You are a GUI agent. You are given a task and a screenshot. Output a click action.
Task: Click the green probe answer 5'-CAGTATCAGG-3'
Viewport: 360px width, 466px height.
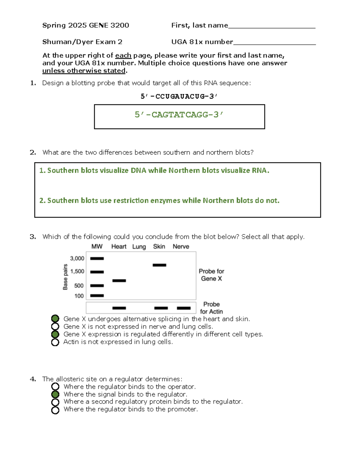179,115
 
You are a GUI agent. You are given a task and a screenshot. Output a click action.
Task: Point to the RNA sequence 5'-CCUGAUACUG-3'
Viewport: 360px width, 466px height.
179,96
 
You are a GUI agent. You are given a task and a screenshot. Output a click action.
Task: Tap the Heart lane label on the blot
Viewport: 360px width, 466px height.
119,247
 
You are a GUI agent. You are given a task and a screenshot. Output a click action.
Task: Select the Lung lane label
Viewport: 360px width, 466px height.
139,247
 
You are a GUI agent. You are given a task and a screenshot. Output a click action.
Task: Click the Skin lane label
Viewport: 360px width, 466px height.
159,247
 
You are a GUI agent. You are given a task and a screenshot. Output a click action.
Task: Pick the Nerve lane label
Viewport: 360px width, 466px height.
181,247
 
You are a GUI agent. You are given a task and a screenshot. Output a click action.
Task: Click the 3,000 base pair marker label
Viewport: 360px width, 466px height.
77,258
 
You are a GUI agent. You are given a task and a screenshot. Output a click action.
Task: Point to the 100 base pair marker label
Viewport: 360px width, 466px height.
79,296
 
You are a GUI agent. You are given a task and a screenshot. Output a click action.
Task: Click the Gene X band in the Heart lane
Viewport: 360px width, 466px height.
119,281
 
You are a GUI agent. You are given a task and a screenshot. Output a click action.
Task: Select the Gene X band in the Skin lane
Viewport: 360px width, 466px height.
159,265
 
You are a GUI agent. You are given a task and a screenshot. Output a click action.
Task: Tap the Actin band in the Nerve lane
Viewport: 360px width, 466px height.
184,308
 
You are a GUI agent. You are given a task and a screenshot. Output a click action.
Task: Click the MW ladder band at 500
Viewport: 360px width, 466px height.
97,286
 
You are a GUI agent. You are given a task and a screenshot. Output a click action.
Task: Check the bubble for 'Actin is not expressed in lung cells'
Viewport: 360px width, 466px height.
55,342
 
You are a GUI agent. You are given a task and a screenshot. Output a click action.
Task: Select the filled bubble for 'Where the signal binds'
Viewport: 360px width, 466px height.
55,394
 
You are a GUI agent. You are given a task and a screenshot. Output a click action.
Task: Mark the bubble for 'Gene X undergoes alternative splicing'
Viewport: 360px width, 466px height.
55,319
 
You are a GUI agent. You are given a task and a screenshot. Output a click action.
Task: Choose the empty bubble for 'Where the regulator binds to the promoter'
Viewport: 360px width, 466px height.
55,410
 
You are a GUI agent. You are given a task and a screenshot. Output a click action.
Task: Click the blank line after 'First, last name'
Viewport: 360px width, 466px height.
272,26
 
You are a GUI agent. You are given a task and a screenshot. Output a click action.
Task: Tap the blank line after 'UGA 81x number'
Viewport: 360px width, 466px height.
274,43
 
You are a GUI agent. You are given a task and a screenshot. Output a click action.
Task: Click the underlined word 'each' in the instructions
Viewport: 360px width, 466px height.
123,56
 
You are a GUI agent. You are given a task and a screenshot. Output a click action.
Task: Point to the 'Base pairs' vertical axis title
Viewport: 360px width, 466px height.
65,277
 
